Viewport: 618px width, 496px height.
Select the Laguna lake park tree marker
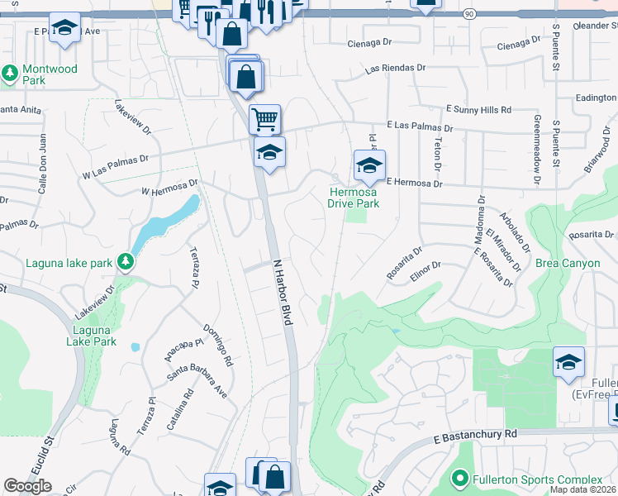point(126,263)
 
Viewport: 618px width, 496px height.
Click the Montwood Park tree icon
point(11,75)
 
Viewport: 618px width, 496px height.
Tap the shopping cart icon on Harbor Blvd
point(264,119)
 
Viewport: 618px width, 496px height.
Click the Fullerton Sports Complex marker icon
point(460,479)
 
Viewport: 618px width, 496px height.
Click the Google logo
point(27,486)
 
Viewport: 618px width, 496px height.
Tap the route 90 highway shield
point(469,14)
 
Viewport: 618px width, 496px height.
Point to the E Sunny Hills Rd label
point(478,109)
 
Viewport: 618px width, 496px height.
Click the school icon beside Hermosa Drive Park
point(369,165)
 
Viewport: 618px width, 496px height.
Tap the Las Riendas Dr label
point(397,69)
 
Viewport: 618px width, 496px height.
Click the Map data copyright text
point(583,489)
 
